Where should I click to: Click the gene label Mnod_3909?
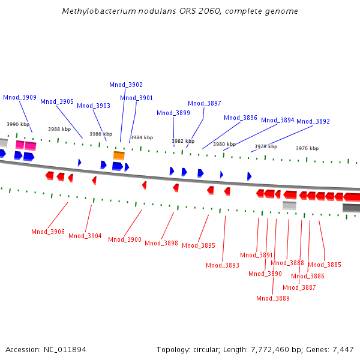20,97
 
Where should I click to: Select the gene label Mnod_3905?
57,101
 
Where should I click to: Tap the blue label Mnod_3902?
126,85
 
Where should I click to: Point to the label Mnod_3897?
205,103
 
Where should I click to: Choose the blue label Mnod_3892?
313,121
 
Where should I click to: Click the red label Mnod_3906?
48,232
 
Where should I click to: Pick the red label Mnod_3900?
125,239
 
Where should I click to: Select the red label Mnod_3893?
223,265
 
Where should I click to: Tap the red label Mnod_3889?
273,298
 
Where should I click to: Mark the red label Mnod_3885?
325,265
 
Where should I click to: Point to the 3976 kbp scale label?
307,148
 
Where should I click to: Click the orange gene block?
119,155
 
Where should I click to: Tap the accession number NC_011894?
65,349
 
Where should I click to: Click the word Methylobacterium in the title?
96,11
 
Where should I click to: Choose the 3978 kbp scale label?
266,146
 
